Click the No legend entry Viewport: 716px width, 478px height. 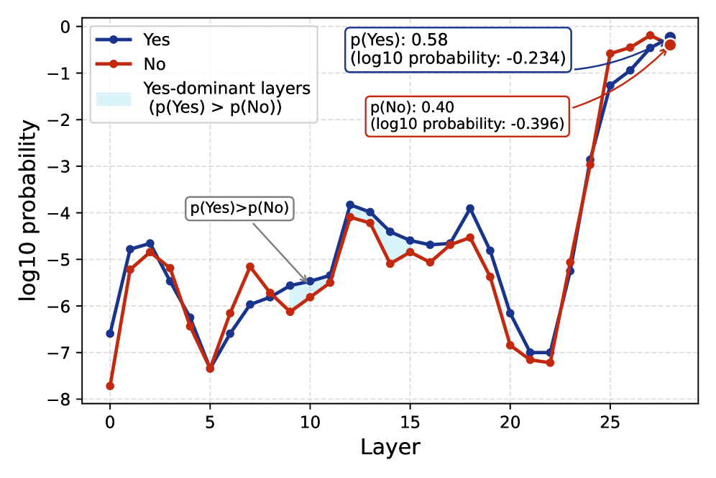154,64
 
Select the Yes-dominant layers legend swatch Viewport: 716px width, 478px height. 114,98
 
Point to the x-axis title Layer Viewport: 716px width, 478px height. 390,447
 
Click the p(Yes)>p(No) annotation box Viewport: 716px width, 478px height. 239,209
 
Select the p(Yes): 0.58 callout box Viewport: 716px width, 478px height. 457,50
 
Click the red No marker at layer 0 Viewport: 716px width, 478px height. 110,386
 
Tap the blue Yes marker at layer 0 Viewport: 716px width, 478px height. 110,333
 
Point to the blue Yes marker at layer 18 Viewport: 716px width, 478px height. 470,208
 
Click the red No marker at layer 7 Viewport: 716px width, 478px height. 250,266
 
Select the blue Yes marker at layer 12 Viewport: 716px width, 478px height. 350,204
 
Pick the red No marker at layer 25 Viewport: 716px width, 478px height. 610,53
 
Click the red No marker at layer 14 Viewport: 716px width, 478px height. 390,263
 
